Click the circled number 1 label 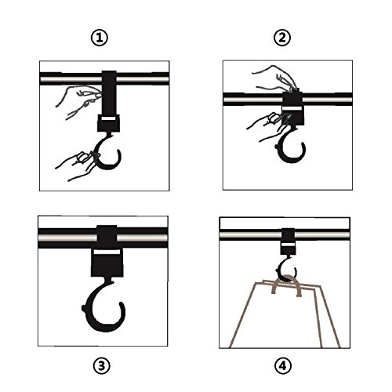coord(99,38)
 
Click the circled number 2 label coord(282,38)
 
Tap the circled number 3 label coord(101,365)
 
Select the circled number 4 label coord(283,365)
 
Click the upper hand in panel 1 coord(78,100)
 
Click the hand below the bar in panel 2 coord(269,125)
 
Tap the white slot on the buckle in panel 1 coord(109,119)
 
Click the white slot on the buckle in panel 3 coord(107,252)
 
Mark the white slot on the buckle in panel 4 coord(288,244)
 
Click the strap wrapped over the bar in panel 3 coord(107,237)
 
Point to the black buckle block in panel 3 coord(107,263)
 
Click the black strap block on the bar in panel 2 coord(293,108)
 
